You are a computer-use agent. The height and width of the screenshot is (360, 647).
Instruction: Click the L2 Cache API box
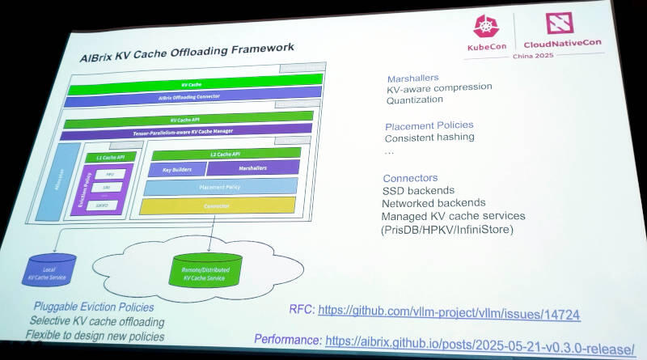coord(226,154)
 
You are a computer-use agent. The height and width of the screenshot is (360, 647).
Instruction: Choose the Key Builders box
coord(176,169)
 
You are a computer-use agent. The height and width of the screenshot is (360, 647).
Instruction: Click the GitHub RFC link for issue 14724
coord(449,311)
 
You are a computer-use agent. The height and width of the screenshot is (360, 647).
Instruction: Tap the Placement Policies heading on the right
coord(429,125)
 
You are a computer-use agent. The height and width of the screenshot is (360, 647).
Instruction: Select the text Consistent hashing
coord(429,138)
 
